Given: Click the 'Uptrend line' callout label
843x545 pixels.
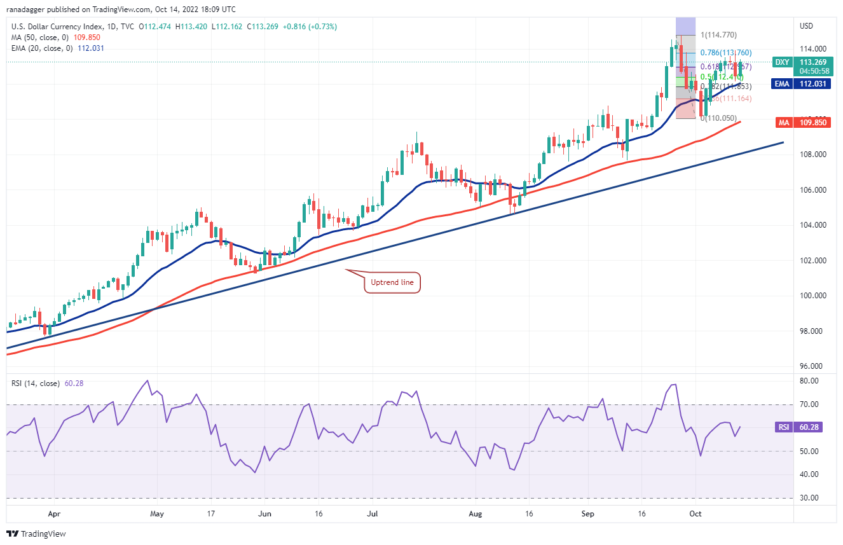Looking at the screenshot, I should pos(392,282).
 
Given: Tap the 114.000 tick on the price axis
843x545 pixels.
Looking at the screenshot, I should pos(812,49).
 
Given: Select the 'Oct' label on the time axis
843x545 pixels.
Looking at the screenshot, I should pos(696,514).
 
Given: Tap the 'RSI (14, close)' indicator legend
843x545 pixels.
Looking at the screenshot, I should pos(36,383).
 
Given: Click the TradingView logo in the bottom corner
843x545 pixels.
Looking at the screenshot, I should pos(38,534).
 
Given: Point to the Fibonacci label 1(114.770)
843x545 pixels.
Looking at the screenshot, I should pos(718,35).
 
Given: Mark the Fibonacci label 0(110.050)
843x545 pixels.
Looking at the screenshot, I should pos(718,118).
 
